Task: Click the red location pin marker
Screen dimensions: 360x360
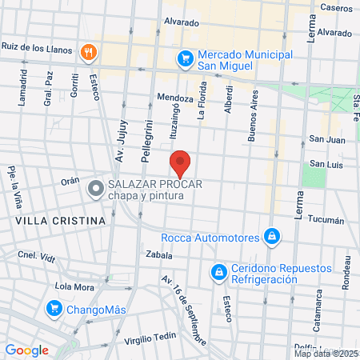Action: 180,163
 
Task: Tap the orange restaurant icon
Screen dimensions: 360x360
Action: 88,53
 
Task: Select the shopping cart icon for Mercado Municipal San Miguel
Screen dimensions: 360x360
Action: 185,58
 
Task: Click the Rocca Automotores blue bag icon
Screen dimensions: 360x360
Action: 273,237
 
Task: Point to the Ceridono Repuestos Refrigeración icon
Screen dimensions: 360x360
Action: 218,273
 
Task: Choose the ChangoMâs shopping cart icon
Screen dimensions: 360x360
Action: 54,307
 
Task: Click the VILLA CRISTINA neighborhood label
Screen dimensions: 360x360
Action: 60,220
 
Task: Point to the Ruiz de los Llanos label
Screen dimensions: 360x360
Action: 37,46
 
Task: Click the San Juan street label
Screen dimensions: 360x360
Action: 327,139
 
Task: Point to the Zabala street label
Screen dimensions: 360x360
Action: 159,255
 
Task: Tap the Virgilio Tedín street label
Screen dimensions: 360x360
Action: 149,339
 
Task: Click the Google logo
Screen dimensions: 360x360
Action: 26,350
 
